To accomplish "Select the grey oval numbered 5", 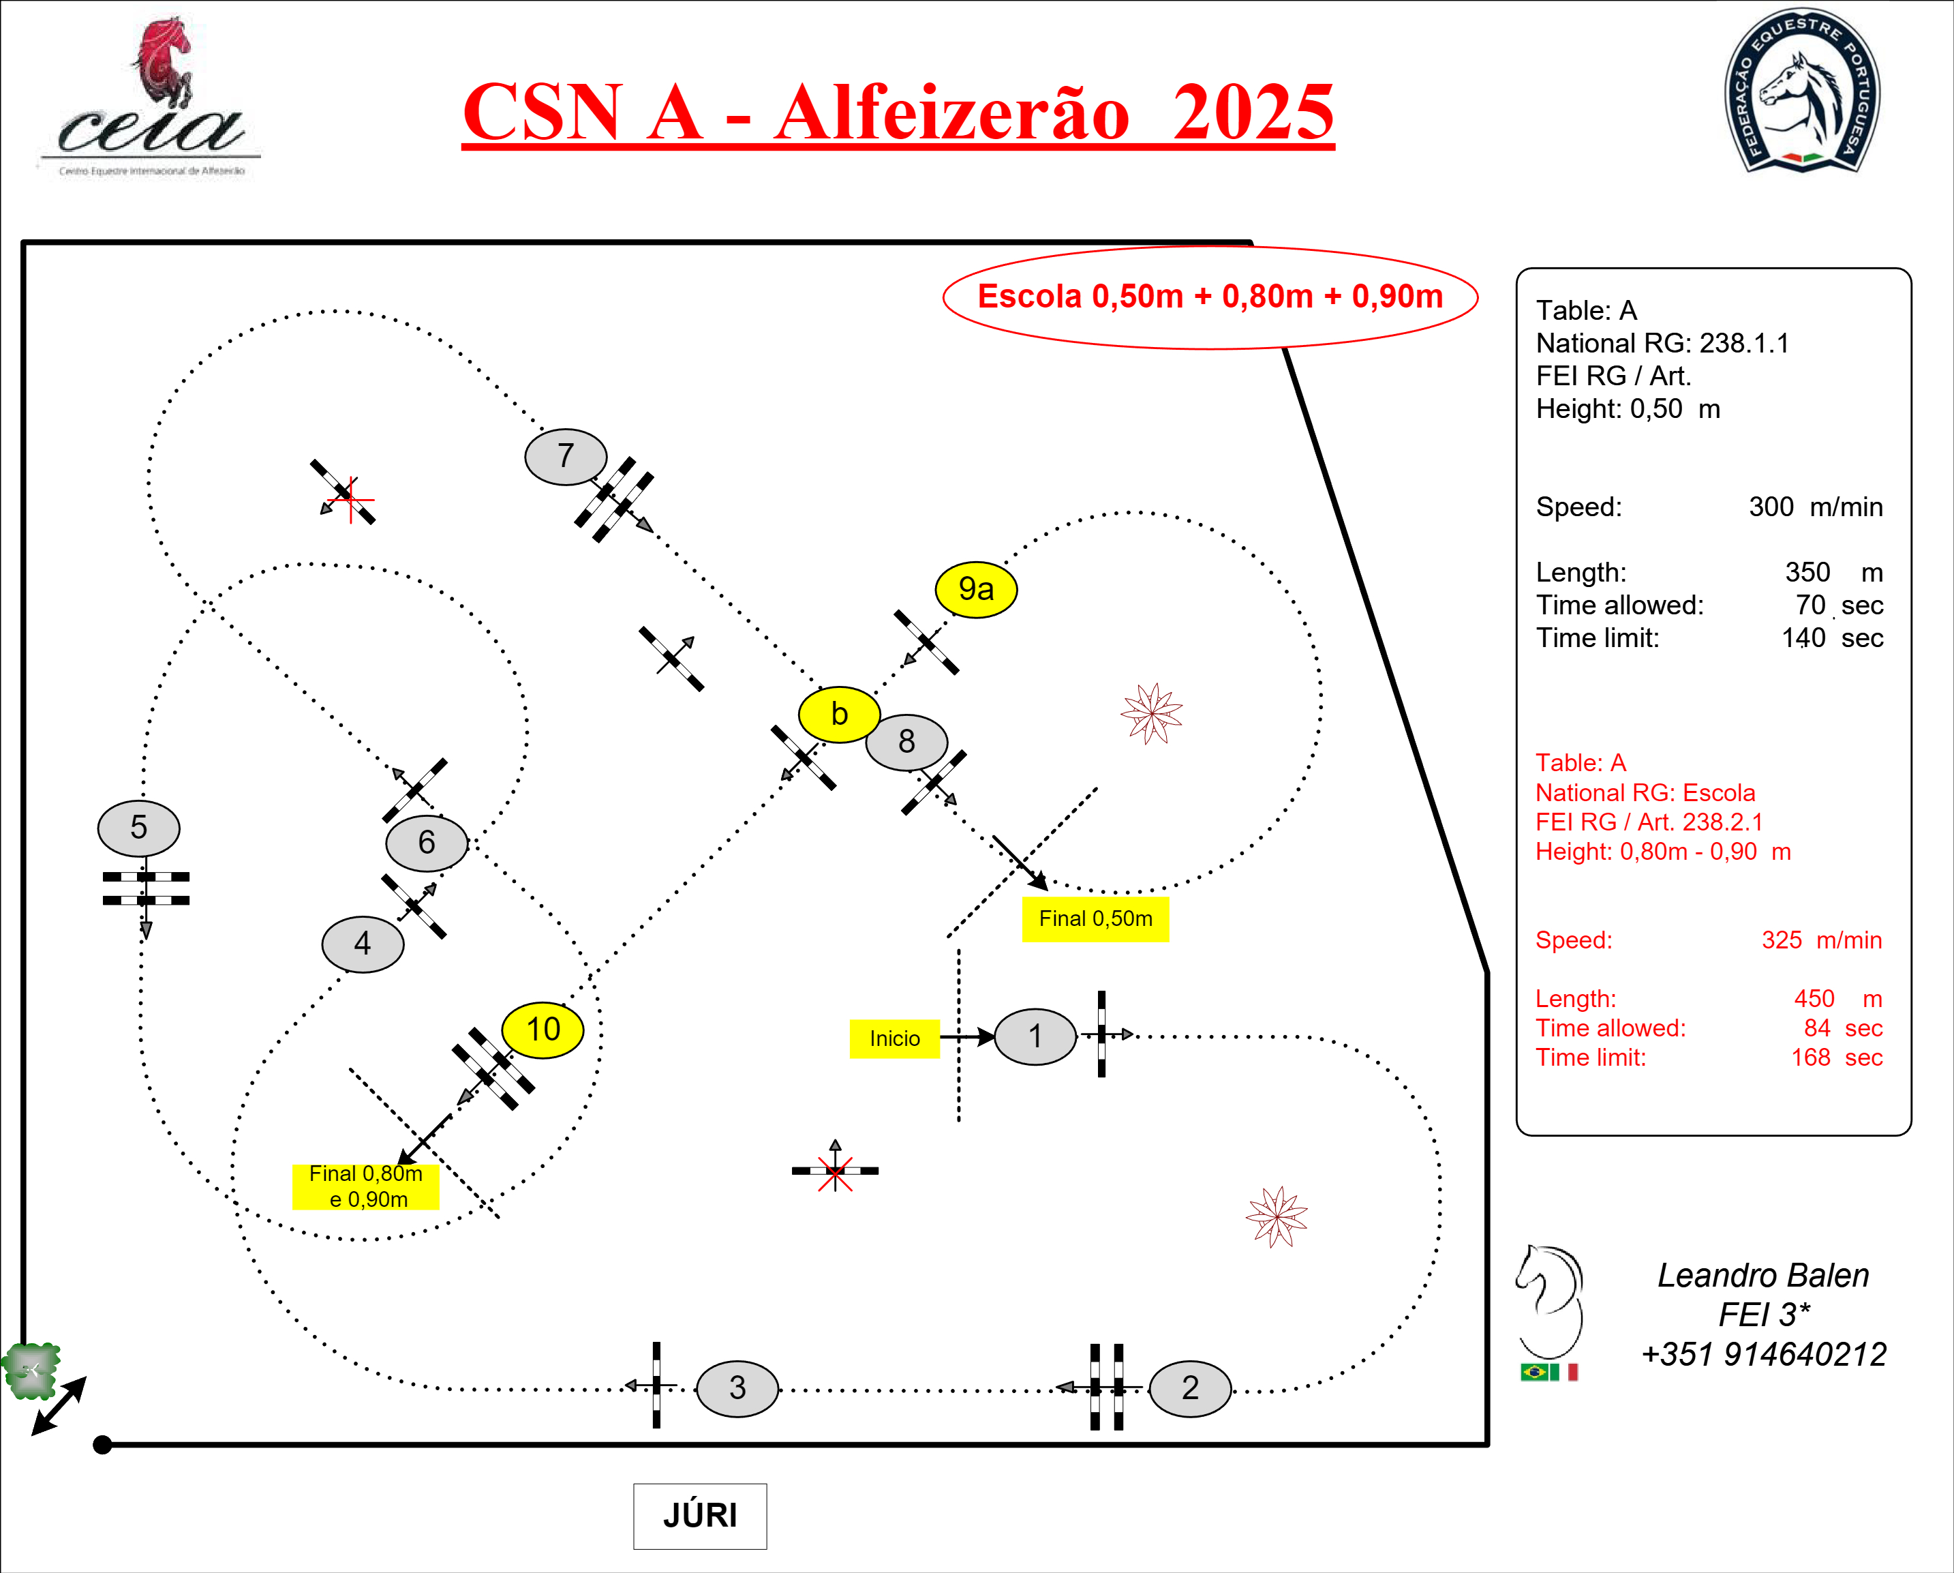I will pos(138,828).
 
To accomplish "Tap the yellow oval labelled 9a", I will pos(976,589).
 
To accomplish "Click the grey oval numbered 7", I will pos(566,456).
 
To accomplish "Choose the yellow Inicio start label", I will pos(894,1038).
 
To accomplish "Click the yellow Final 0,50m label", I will pos(1095,919).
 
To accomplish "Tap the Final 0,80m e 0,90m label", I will pos(365,1186).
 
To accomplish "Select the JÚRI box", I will pos(700,1516).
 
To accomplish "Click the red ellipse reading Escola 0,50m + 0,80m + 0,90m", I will pos(1210,297).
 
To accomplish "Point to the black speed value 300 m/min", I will pos(1814,507).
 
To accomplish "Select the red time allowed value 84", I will pos(1817,1028).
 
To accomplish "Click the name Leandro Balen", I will pos(1762,1276).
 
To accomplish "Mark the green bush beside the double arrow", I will pos(31,1369).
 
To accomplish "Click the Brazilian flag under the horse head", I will pos(1533,1372).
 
